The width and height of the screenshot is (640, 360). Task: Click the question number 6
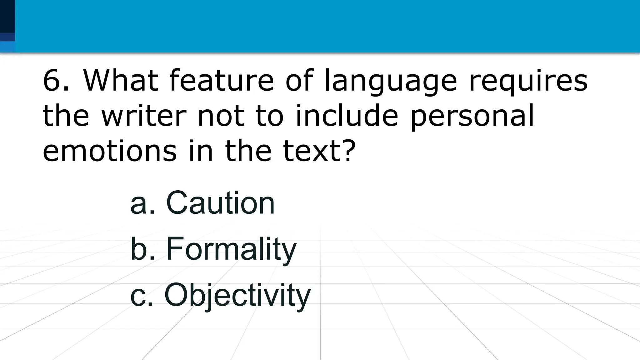tap(52, 81)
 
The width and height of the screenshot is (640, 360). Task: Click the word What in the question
tap(121, 81)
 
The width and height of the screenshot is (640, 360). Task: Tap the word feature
tap(221, 81)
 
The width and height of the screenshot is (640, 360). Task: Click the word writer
tap(144, 116)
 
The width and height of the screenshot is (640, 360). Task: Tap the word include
tap(347, 116)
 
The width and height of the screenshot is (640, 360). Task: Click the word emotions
tap(109, 151)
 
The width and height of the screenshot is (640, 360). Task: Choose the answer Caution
tap(220, 203)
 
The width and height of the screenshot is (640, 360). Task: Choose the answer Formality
tap(231, 249)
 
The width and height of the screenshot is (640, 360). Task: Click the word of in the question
tap(299, 81)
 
